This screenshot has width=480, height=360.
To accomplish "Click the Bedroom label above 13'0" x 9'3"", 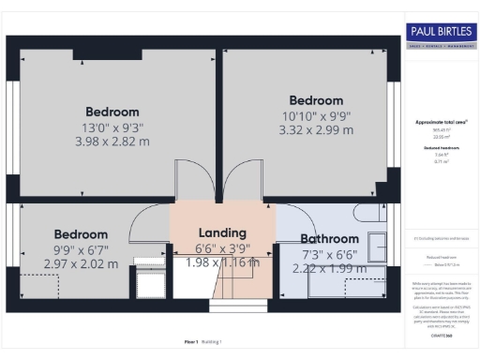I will click(x=112, y=112).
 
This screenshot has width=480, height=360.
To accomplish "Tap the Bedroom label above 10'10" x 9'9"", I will click(x=315, y=100).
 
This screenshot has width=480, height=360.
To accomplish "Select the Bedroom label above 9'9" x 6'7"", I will click(x=80, y=234).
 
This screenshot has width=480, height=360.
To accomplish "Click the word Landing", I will click(x=222, y=232).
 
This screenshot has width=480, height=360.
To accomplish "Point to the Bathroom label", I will click(x=329, y=239).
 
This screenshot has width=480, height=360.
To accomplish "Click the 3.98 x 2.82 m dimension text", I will click(x=112, y=142).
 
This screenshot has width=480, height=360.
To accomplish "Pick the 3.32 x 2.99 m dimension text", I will click(x=315, y=130).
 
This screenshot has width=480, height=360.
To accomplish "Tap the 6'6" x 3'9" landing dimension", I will click(x=222, y=247).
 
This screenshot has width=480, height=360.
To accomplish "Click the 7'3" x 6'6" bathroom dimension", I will click(x=329, y=254).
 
